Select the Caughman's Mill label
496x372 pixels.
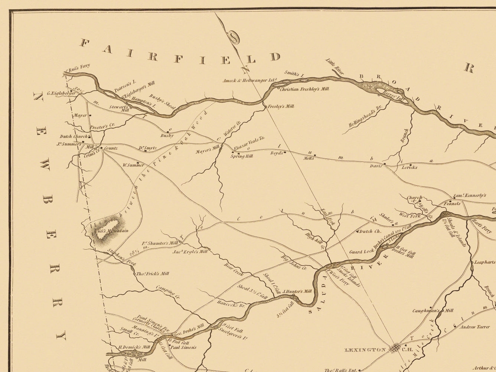433,310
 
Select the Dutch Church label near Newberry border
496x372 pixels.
73,137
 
